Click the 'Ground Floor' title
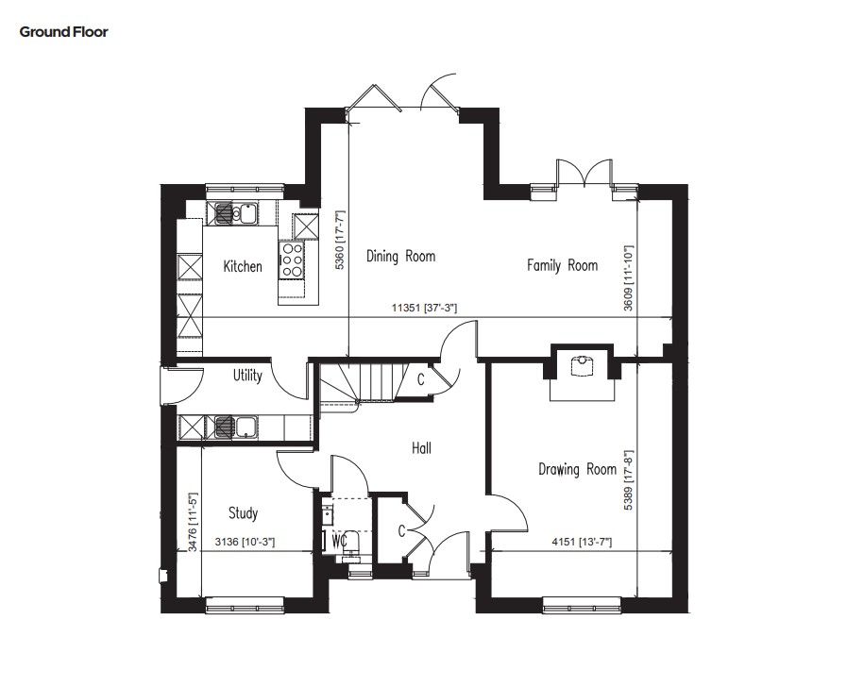[64, 32]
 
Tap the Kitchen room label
[243, 266]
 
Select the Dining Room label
[400, 256]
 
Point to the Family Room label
[563, 265]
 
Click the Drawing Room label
[577, 469]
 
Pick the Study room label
[243, 512]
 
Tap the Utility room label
[247, 376]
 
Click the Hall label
[421, 448]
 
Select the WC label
[339, 541]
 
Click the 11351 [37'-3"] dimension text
[424, 309]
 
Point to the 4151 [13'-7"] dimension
[582, 542]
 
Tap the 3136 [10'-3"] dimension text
[245, 542]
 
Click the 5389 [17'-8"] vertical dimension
[628, 480]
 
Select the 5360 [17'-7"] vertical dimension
[339, 240]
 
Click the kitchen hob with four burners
[292, 260]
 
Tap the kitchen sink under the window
[236, 212]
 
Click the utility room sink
[236, 427]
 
